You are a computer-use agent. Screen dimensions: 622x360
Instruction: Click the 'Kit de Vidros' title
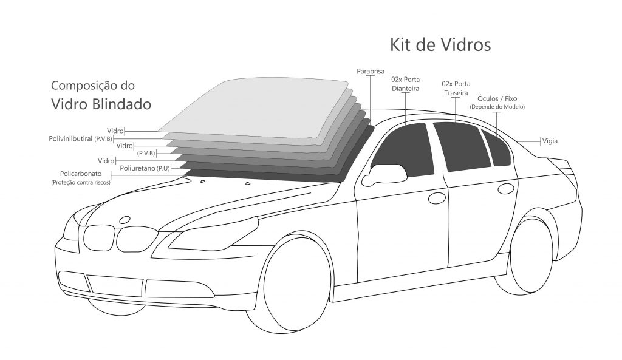point(440,45)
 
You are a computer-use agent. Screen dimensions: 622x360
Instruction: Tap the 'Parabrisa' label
point(371,72)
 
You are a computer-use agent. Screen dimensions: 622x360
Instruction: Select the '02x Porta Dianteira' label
point(405,84)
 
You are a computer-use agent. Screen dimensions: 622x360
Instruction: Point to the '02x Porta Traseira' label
point(456,89)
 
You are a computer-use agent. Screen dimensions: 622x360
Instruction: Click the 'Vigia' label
point(550,141)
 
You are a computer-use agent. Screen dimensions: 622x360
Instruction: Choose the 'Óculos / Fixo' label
point(497,98)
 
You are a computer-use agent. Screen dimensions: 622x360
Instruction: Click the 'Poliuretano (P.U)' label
point(145,169)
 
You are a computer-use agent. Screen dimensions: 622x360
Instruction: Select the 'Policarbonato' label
point(81,174)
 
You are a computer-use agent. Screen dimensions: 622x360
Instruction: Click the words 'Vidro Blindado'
point(101,104)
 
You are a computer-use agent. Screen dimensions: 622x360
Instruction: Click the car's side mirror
point(384,174)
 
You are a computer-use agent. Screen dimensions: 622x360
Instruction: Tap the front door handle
point(437,198)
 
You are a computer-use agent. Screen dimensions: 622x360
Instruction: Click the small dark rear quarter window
point(495,147)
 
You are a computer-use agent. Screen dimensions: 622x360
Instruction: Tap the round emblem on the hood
point(125,220)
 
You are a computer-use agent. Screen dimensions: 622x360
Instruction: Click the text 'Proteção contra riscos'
point(81,182)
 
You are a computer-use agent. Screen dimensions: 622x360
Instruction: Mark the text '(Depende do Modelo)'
point(497,107)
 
